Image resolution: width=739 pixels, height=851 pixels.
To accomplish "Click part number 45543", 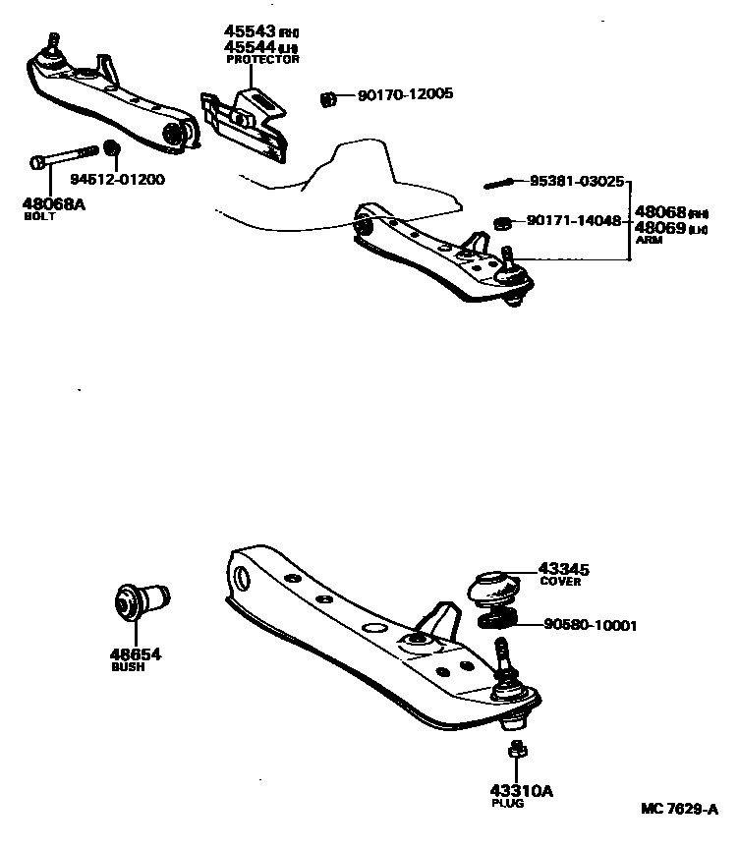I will tap(249, 31).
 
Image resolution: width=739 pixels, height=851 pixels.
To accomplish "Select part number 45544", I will tap(249, 46).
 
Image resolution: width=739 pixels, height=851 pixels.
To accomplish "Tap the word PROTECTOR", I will tap(262, 60).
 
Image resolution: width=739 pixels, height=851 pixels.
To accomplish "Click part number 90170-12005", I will tap(405, 95).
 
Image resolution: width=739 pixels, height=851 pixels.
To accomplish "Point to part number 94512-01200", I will tap(117, 180).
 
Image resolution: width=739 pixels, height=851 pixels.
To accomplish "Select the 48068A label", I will tap(54, 204).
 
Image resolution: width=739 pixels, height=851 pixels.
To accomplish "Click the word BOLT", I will tap(39, 216).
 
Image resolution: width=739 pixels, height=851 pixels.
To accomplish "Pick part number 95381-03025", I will tap(577, 181).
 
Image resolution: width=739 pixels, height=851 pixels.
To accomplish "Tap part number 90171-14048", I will tap(574, 222).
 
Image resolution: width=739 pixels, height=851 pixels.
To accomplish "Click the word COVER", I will tap(561, 582).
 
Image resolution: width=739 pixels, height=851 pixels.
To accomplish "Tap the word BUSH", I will tap(128, 667).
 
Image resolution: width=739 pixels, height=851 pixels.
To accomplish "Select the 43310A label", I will tap(514, 790).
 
